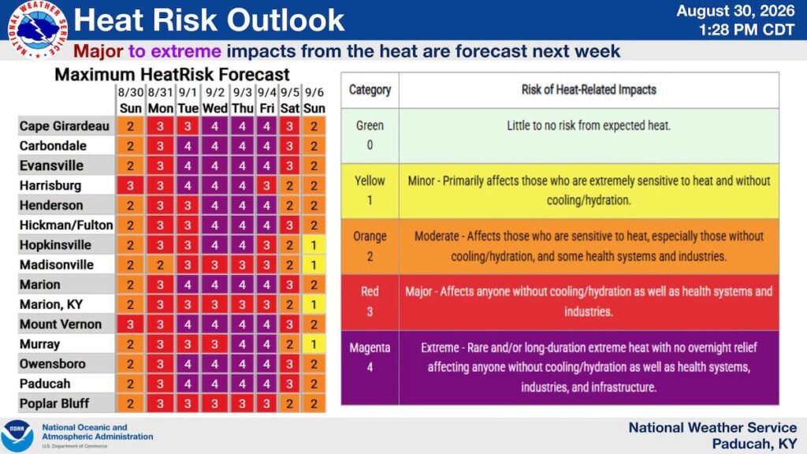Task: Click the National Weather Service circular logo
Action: pos(37,30)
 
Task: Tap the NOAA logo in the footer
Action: pos(17,435)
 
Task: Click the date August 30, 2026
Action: pos(735,11)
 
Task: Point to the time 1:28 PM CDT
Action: pos(746,30)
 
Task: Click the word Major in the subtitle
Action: pos(99,51)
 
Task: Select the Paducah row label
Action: pos(45,384)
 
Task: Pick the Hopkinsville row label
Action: pos(55,245)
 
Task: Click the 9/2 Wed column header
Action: pos(214,100)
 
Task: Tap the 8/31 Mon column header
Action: pos(160,100)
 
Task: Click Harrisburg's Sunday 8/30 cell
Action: pos(130,185)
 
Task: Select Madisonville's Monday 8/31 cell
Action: pos(160,265)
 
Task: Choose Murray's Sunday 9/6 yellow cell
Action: pos(314,344)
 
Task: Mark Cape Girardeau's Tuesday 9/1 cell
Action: pos(188,126)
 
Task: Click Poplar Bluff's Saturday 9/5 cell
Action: pos(290,404)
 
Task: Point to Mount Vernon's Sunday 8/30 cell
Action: pos(130,324)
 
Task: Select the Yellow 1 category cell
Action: pos(370,191)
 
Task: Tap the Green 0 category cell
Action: pos(370,136)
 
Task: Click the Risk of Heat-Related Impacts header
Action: pos(589,90)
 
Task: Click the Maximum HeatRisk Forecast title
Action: pos(172,75)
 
